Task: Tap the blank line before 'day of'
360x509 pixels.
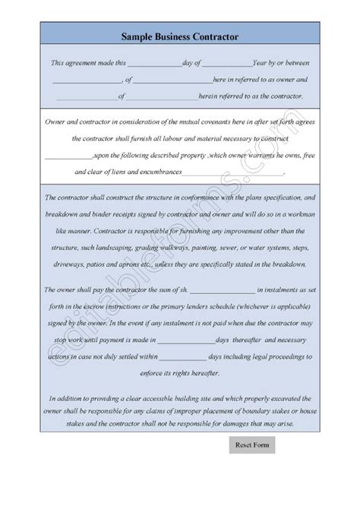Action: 153,63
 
